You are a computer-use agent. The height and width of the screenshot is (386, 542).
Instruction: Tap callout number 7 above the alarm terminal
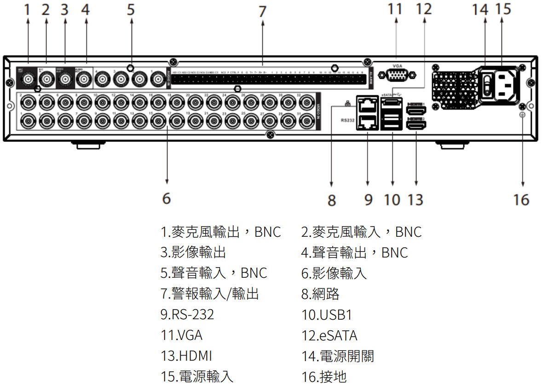point(262,11)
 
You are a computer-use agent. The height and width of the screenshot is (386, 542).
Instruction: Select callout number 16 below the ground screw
point(521,199)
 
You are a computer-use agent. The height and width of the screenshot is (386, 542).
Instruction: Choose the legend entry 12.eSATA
point(329,335)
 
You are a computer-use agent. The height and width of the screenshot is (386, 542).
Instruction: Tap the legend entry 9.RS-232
point(187,315)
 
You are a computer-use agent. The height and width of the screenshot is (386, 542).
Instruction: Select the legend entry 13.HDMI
point(186,356)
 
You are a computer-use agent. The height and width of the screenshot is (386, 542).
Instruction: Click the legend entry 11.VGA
point(181,335)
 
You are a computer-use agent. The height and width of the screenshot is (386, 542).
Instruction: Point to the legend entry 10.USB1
point(326,315)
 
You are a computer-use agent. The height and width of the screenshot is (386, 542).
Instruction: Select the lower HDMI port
point(416,124)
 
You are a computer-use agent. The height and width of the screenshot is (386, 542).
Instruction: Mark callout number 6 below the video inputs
point(167,199)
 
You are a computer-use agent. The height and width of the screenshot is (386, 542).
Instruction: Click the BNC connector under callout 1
point(28,79)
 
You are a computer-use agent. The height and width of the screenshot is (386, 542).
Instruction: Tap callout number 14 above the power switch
point(480,9)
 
